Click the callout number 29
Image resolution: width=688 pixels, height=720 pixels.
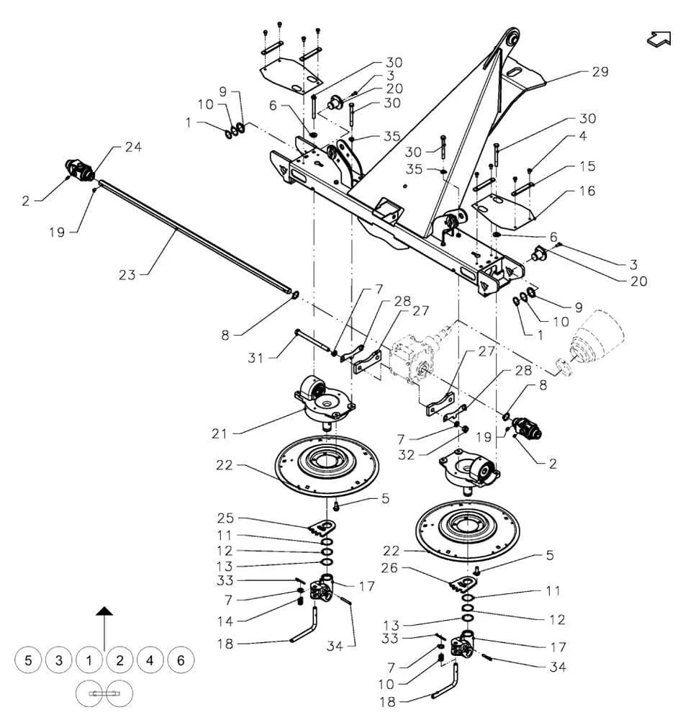coord(600,71)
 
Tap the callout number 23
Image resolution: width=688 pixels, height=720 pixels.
coord(127,275)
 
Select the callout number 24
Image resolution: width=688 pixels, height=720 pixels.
coord(133,147)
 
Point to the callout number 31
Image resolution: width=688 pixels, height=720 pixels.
coord(255,358)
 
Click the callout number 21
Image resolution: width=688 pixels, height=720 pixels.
coord(219,433)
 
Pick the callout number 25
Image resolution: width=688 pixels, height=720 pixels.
coord(225,518)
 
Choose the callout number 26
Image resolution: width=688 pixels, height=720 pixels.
coord(389,568)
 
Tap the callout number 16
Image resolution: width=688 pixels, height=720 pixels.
coord(587,191)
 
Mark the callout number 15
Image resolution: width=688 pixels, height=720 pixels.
coord(587,166)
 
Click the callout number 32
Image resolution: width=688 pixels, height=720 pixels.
coord(406,454)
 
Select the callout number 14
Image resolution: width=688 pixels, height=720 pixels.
coord(225,621)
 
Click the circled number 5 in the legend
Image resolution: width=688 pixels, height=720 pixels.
coord(29,660)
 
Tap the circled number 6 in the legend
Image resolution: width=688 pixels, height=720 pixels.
coord(181,660)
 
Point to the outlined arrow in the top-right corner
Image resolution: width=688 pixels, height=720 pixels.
coord(659,39)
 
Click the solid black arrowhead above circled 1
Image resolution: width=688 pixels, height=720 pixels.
coord(104,611)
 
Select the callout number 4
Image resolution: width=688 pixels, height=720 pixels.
coord(583,136)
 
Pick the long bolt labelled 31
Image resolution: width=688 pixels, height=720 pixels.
coord(314,342)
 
